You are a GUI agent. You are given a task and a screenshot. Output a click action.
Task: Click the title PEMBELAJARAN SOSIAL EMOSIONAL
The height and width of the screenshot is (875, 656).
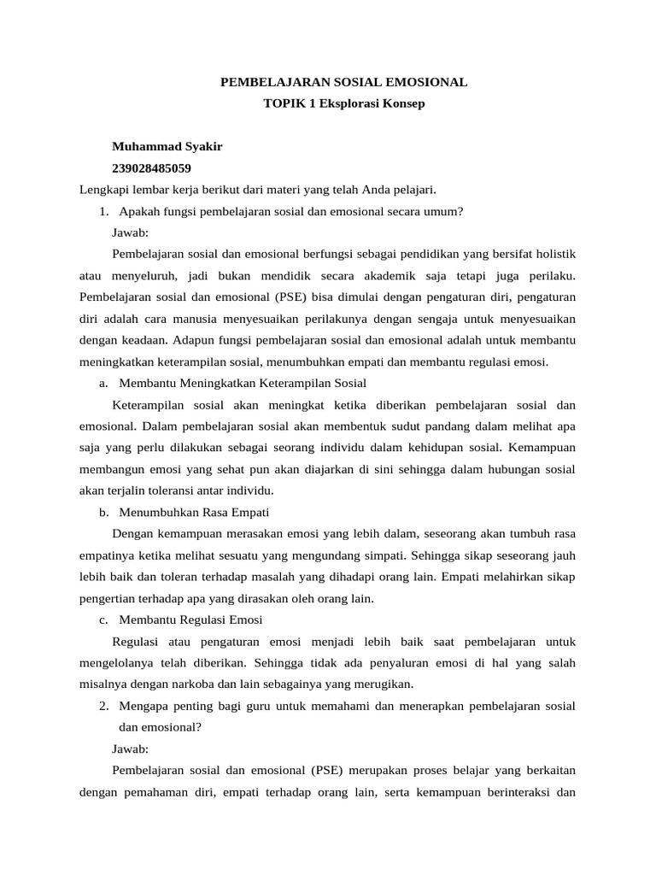344,82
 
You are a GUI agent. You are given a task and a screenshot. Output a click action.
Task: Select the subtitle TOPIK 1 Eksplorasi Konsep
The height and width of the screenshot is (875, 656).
344,103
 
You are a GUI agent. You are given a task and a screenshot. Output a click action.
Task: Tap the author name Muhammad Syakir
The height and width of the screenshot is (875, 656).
167,146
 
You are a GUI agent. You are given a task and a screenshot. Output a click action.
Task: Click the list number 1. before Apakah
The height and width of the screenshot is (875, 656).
104,211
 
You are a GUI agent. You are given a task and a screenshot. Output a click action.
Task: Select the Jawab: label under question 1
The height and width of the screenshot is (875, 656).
130,232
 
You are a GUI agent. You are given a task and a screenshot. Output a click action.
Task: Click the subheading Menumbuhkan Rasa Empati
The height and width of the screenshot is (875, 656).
194,512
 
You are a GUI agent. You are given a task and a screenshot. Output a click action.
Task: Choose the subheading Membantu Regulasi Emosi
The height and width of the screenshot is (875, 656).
190,620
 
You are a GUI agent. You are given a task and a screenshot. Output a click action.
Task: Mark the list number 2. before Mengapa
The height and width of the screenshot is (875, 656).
104,706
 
